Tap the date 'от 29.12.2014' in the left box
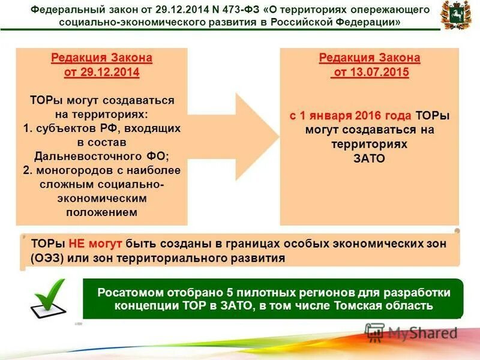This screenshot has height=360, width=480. [x=101, y=72]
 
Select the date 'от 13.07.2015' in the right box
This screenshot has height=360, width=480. [x=370, y=72]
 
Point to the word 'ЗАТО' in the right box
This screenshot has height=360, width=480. [x=370, y=158]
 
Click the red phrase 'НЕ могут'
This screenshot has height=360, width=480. [x=95, y=243]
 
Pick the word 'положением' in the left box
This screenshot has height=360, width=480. [x=101, y=212]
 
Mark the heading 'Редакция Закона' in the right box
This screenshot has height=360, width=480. [x=370, y=58]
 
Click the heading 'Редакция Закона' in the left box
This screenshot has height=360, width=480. [x=101, y=58]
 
